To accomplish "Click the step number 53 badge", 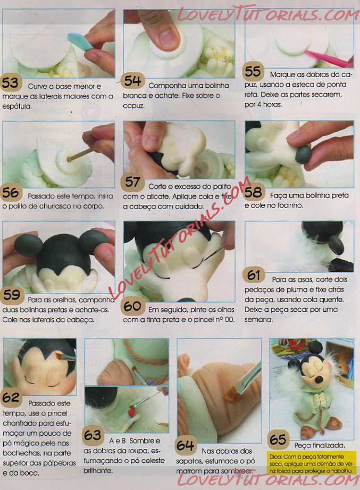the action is pyautogui.click(x=11, y=83).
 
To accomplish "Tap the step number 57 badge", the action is pyautogui.click(x=132, y=182).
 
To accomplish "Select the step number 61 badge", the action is pyautogui.click(x=254, y=275).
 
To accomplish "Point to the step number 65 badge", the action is pyautogui.click(x=278, y=439).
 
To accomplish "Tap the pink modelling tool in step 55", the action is pyautogui.click(x=328, y=59).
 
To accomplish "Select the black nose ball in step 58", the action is pyautogui.click(x=303, y=155).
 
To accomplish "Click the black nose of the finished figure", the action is pyautogui.click(x=319, y=379).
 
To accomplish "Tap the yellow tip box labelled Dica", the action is pyautogui.click(x=311, y=464).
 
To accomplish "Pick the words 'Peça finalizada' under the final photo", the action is pyautogui.click(x=320, y=445).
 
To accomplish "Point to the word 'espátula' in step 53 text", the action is pyautogui.click(x=17, y=106).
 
